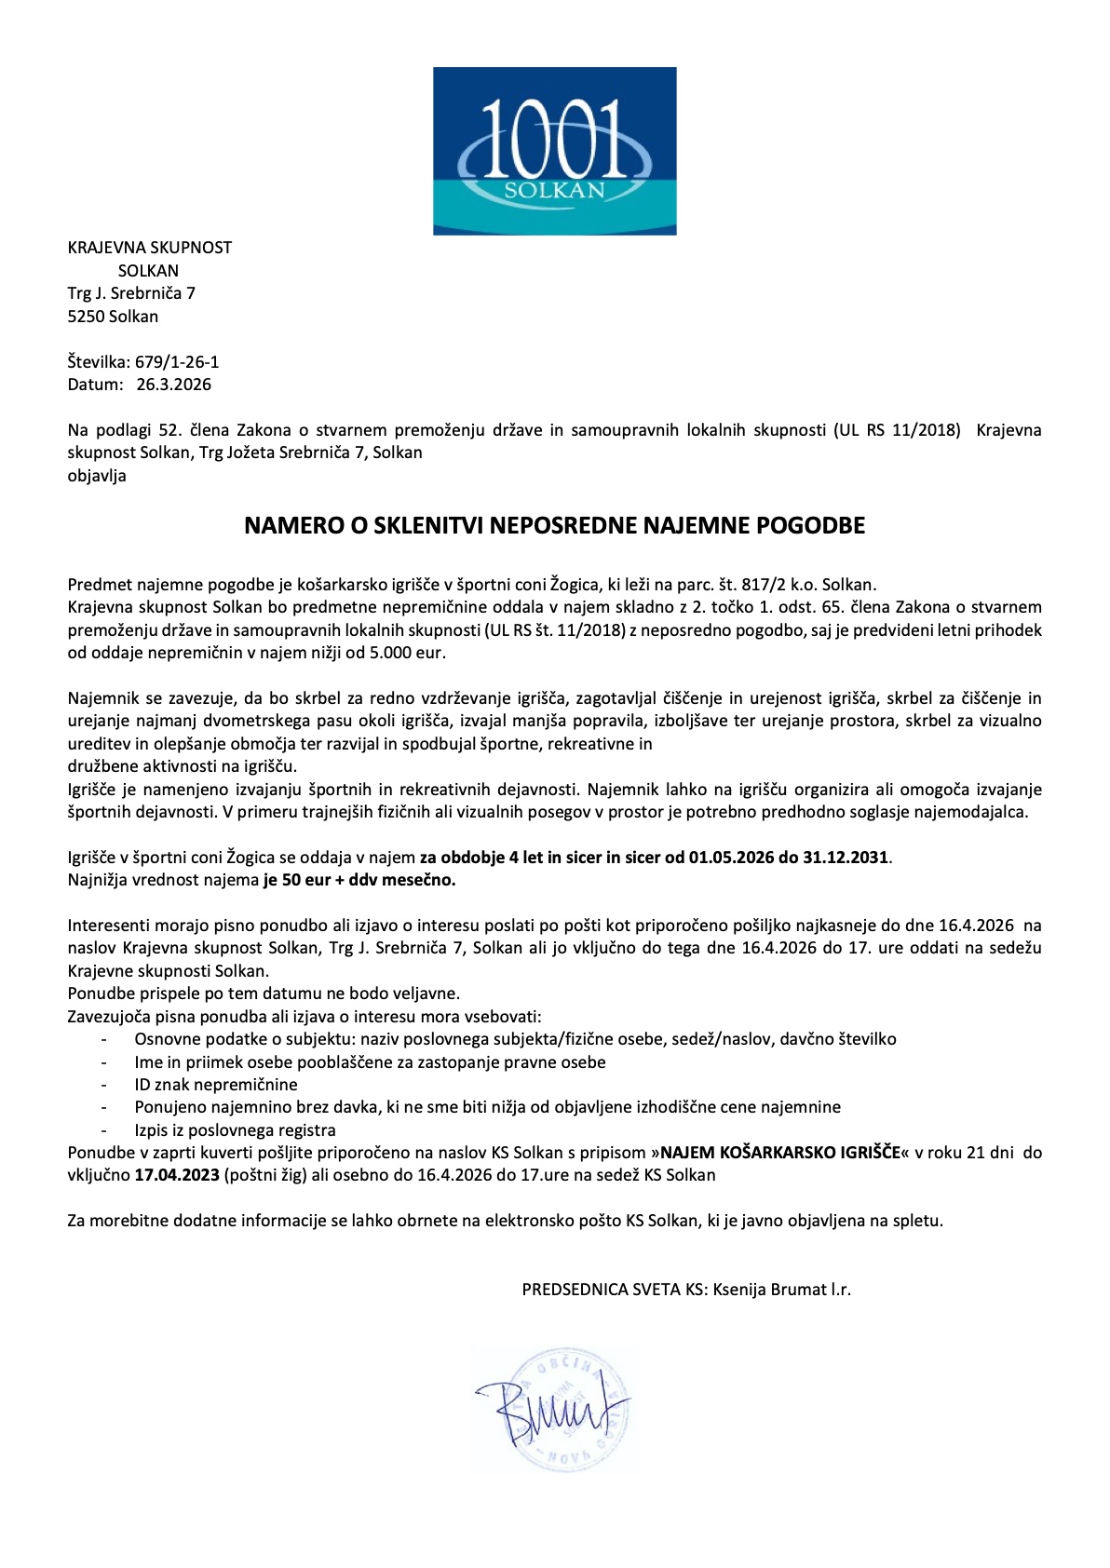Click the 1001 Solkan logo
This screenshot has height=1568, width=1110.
[554, 151]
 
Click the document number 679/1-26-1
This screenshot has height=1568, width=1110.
[177, 362]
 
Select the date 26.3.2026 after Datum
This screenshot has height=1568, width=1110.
[174, 385]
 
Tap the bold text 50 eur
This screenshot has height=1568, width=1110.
[306, 880]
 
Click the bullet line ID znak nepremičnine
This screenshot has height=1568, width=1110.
[216, 1085]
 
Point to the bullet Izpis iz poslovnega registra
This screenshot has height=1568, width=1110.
[235, 1130]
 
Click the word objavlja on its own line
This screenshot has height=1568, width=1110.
[97, 476]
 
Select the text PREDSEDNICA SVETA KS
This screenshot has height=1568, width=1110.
[613, 1290]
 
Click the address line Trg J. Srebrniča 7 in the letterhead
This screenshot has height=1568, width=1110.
[131, 293]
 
